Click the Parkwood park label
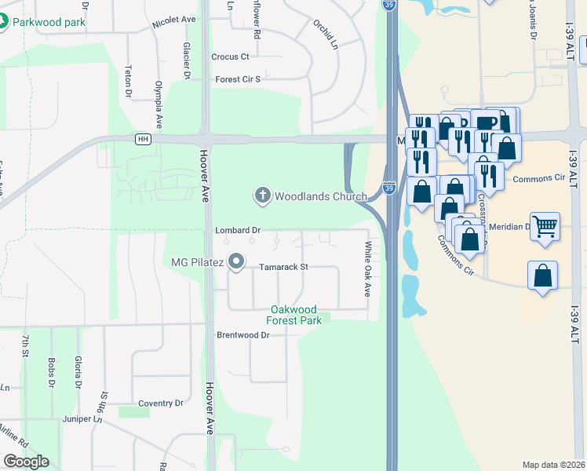[49, 22]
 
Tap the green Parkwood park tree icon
[4, 21]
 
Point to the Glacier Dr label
[188, 61]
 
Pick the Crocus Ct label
[230, 57]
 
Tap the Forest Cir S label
[237, 79]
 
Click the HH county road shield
[142, 140]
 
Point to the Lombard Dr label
[238, 231]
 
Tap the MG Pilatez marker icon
[236, 261]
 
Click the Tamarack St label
[284, 267]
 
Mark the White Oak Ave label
[366, 269]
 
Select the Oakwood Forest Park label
[297, 315]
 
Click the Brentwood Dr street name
[242, 335]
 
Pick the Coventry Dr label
[160, 403]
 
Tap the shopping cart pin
[545, 226]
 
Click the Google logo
[26, 462]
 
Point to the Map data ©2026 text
[552, 465]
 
